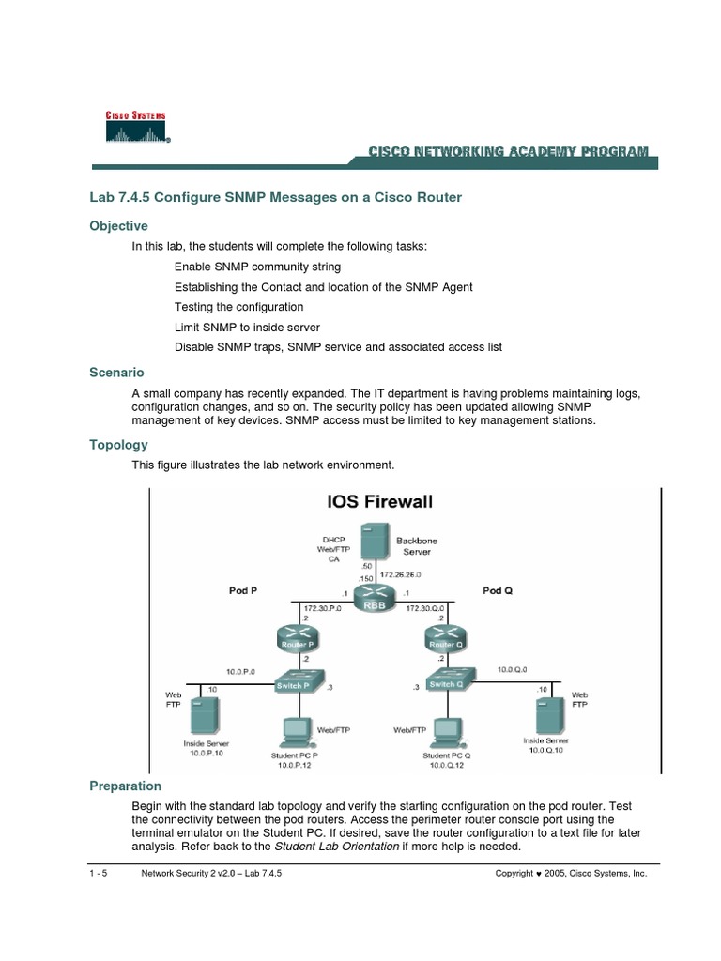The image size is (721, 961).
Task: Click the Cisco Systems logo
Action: (x=137, y=127)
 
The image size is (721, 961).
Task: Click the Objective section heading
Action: (x=118, y=226)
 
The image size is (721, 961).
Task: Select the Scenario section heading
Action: (x=116, y=373)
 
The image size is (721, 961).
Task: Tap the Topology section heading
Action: (x=118, y=445)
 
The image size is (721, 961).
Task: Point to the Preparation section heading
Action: (x=125, y=786)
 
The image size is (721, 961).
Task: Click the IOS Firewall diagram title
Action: (x=379, y=502)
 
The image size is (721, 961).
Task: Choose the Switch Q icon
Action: (x=447, y=682)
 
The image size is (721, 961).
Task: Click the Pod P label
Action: (x=244, y=591)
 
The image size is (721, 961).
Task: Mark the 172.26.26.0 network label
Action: (x=400, y=573)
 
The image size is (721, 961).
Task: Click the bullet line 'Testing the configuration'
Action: (x=238, y=307)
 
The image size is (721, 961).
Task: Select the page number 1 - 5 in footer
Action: (x=98, y=873)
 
